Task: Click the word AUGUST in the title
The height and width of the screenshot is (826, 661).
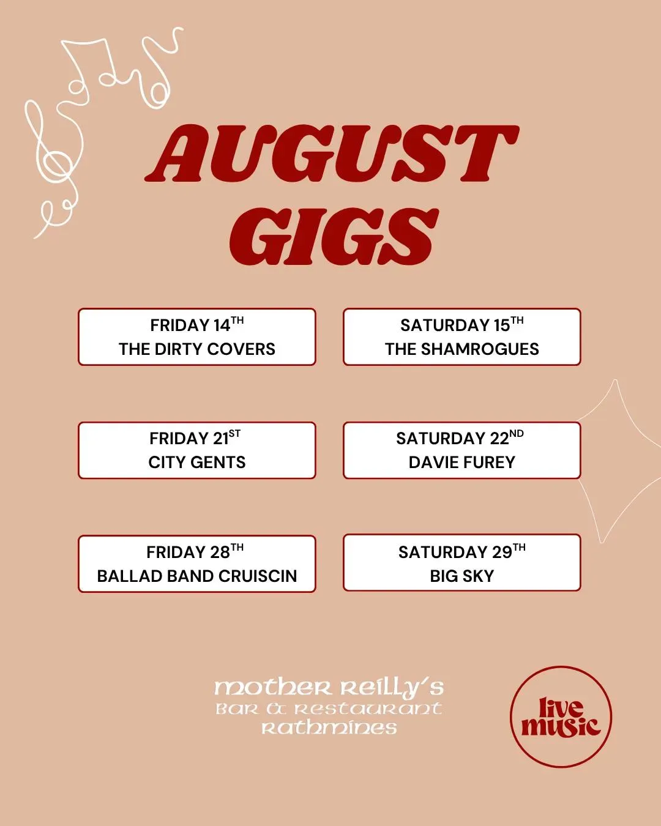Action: [332, 154]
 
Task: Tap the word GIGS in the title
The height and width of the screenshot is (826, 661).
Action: [334, 237]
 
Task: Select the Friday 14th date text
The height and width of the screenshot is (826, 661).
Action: [196, 325]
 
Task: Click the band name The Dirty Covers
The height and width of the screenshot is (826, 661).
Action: [196, 349]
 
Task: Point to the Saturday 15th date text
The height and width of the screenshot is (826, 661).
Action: [461, 325]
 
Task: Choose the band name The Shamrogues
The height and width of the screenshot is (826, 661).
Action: [461, 349]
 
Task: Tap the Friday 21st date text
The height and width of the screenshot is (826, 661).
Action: [195, 438]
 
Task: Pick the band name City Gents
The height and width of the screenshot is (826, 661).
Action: [196, 462]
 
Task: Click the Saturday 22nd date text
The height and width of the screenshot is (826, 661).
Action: [460, 438]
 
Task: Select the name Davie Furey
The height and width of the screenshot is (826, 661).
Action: [461, 462]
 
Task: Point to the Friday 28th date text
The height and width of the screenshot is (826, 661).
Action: [195, 551]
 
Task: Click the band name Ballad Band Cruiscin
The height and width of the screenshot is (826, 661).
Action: [196, 576]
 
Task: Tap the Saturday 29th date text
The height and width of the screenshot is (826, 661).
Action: [461, 551]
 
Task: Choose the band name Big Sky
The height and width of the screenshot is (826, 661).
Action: [461, 576]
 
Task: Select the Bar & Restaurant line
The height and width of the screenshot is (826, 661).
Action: [329, 709]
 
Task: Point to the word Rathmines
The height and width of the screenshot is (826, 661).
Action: [329, 727]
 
